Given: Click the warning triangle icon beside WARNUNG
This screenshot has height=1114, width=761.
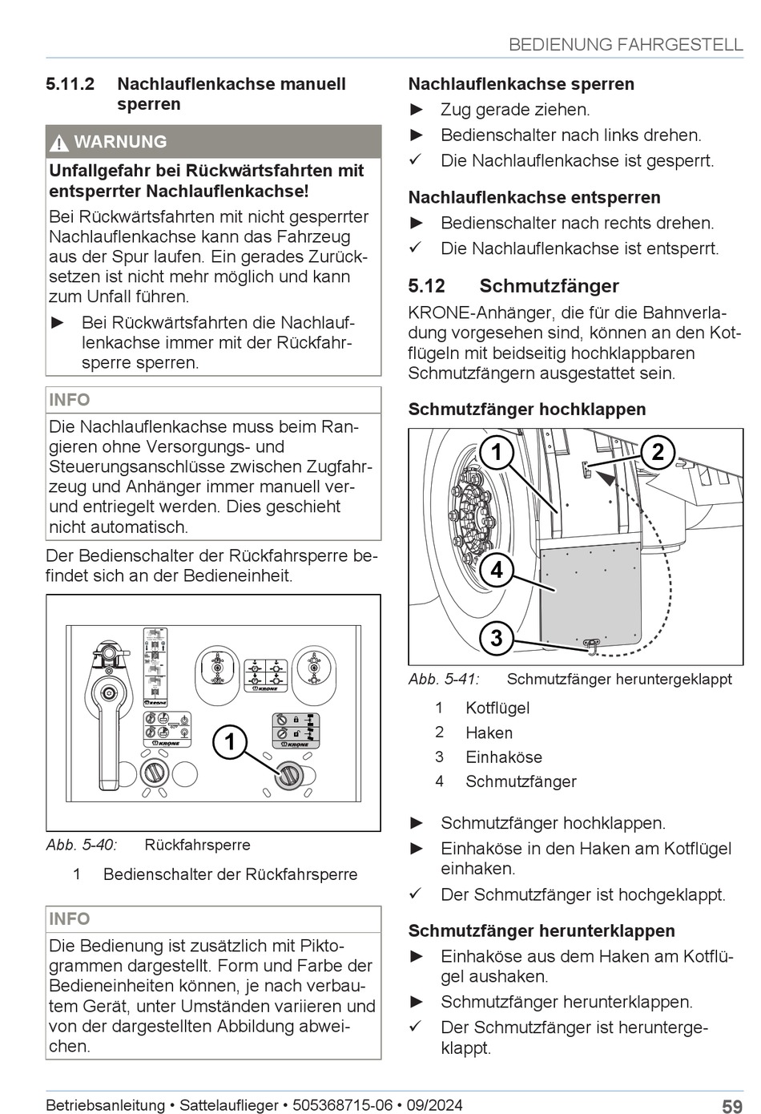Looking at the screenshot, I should click(59, 143).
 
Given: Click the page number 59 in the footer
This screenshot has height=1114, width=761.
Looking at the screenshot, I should click(731, 1106).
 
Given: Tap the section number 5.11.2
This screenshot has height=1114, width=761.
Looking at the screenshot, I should click(70, 84).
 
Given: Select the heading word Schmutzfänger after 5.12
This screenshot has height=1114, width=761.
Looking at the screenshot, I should click(549, 286).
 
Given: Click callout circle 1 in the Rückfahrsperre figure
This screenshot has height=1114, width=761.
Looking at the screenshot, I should click(230, 741).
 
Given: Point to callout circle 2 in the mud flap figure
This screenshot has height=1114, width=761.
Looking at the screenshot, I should click(658, 452).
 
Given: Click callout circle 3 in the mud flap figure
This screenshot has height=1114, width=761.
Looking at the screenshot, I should click(497, 638).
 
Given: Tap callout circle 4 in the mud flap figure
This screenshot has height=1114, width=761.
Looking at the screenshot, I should click(497, 570).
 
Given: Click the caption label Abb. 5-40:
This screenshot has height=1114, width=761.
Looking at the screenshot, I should click(82, 845).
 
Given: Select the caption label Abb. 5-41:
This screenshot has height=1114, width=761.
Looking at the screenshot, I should click(444, 680).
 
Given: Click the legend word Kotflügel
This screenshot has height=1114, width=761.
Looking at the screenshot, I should click(497, 708).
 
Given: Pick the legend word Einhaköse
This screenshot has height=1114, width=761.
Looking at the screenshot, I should click(504, 757).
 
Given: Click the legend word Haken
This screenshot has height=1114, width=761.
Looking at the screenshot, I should click(489, 733).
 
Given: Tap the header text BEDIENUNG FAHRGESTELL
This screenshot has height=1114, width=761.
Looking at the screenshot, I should click(626, 45).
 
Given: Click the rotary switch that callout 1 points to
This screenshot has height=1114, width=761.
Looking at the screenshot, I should click(288, 774).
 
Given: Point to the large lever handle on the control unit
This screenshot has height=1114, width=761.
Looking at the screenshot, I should click(107, 721).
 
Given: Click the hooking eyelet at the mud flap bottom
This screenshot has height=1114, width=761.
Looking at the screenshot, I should click(592, 644).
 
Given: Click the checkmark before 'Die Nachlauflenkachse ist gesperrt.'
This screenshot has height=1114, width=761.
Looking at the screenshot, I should click(415, 160).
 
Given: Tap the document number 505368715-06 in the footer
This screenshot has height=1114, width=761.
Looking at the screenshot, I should click(343, 1105).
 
